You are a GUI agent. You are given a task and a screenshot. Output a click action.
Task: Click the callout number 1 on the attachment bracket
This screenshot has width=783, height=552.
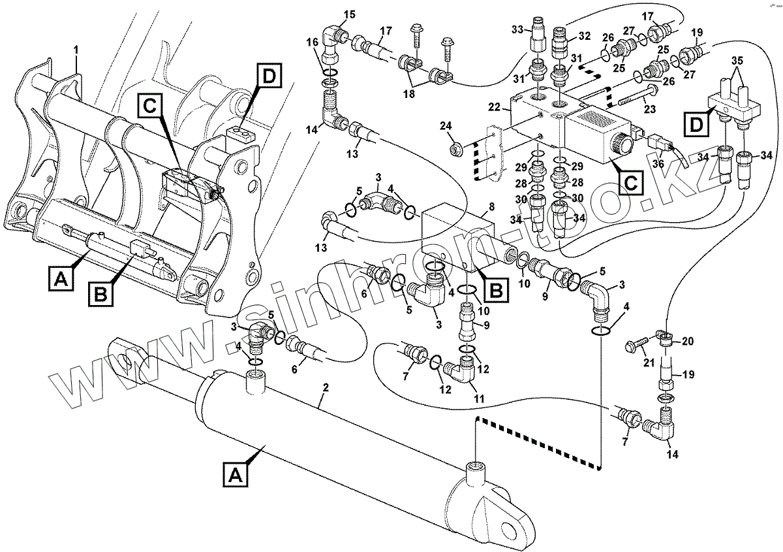[76, 51]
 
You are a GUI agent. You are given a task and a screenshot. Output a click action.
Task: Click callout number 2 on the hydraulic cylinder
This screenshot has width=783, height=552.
[326, 387]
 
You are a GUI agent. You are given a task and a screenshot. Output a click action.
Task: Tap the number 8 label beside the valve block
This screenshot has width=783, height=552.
[491, 207]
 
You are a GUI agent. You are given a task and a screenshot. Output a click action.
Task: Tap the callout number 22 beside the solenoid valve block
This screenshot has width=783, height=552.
[494, 106]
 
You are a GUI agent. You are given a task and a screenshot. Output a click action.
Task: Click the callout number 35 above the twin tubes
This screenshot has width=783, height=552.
[737, 61]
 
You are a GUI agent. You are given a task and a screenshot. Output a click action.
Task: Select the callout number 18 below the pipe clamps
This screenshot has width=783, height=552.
[408, 94]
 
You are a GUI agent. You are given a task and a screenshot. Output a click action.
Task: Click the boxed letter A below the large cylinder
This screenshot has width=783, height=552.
[236, 476]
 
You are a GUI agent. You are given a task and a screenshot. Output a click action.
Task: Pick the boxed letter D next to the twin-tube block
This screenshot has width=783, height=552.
[697, 125]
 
